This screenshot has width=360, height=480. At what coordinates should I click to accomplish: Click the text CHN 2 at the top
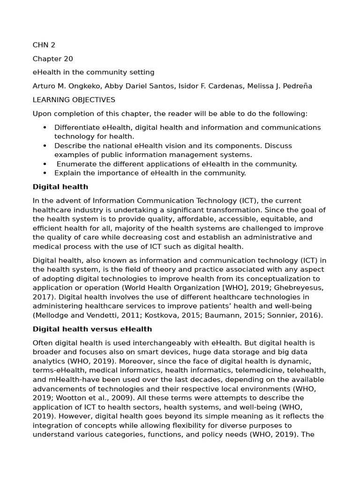(x=44, y=45)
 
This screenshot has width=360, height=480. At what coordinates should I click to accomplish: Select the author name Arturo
(x=45, y=86)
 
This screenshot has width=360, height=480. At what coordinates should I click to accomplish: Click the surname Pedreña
(x=297, y=86)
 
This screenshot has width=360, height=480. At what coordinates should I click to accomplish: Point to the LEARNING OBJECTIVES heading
(x=74, y=100)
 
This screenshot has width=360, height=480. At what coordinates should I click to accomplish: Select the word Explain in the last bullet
(x=67, y=173)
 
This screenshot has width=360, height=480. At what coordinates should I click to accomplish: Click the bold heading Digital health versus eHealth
(x=92, y=329)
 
